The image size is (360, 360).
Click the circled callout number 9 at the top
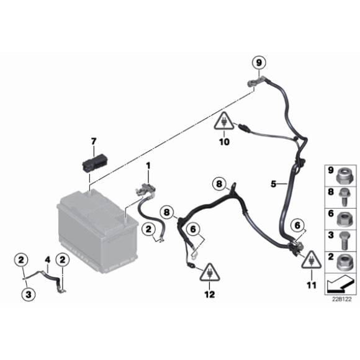coord(259,63)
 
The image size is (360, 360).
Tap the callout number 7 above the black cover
coord(94,141)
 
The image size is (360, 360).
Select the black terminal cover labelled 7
coord(96,163)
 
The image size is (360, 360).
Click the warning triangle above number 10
coord(224,121)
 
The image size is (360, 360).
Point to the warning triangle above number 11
coord(312,259)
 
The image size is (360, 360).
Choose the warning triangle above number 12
coord(210,272)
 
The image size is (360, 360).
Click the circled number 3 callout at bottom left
coord(29,295)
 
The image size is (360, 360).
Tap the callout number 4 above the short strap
coord(48,260)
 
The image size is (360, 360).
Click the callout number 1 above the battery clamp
coord(148,165)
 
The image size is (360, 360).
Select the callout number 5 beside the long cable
coord(273,184)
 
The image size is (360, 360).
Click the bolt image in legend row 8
coord(344,197)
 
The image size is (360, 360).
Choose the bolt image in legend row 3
coord(344,240)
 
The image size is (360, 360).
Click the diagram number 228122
coord(341,299)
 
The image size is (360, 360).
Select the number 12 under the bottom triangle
coord(210,295)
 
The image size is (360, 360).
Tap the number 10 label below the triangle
coord(224,142)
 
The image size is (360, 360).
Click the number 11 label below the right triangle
coord(312,286)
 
